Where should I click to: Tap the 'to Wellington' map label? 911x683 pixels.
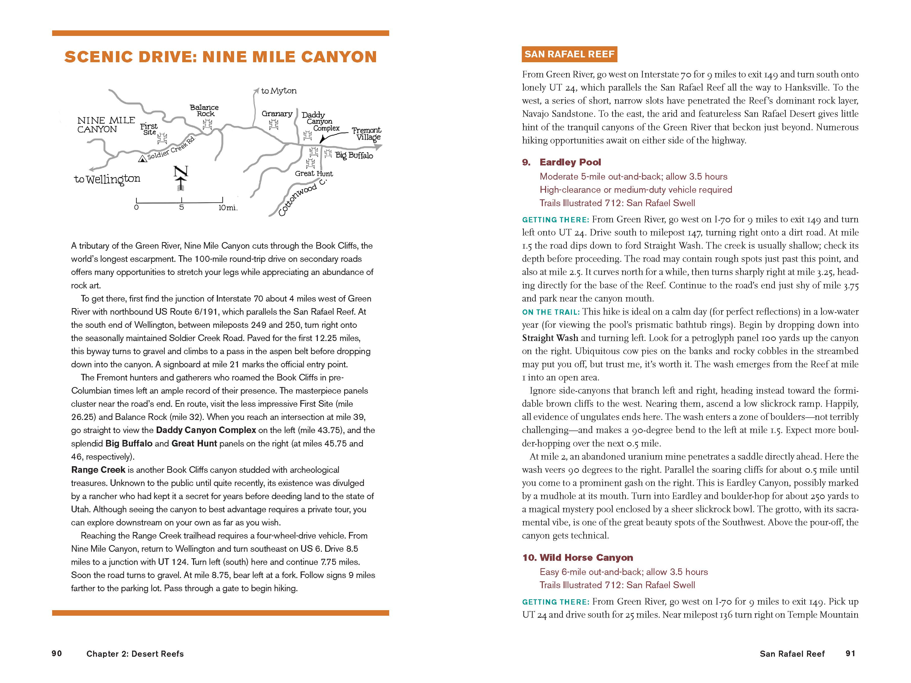pyautogui.click(x=107, y=179)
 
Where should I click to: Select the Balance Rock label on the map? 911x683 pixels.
pyautogui.click(x=204, y=110)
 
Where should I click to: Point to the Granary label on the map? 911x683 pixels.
pyautogui.click(x=277, y=114)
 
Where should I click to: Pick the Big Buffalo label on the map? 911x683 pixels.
pyautogui.click(x=354, y=155)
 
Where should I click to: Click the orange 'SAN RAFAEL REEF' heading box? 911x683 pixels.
pyautogui.click(x=569, y=54)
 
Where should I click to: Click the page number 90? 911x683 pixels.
pyautogui.click(x=57, y=653)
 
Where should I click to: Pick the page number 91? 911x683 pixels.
pyautogui.click(x=851, y=653)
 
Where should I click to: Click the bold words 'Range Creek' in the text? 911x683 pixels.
pyautogui.click(x=98, y=470)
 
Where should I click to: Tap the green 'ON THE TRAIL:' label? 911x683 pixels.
pyautogui.click(x=551, y=312)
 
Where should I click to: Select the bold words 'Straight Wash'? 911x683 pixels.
pyautogui.click(x=550, y=338)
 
